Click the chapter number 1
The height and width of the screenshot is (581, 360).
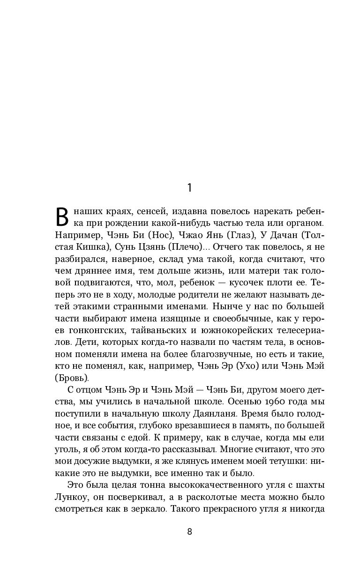[x=189, y=188]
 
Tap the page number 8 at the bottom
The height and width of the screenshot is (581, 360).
[x=189, y=531]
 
